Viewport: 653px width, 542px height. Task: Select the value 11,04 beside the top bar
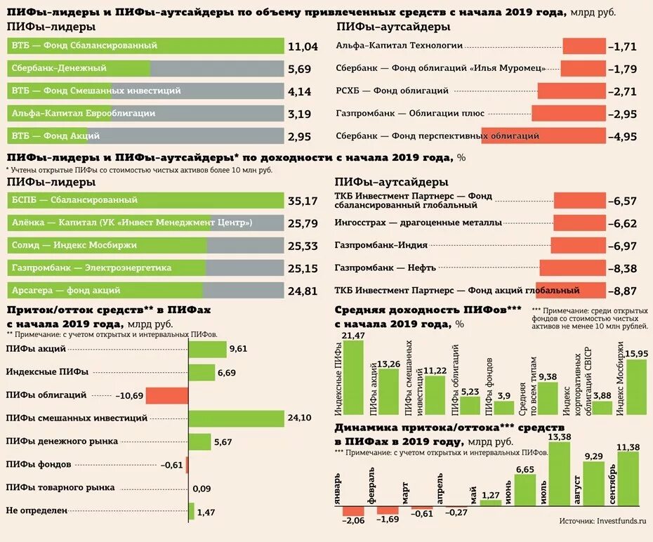pos(303,47)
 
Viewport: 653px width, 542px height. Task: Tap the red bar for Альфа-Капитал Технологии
pos(583,46)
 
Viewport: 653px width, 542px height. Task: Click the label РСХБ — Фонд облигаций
pos(392,91)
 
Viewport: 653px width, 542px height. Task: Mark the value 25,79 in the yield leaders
pos(303,224)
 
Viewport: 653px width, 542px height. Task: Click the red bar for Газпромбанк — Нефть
pos(572,268)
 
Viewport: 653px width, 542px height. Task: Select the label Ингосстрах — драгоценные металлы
pos(418,223)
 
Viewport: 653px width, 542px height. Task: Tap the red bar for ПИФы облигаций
pos(167,396)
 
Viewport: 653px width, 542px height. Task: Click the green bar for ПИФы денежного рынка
pos(200,442)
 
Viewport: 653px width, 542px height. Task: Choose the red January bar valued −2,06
pos(353,511)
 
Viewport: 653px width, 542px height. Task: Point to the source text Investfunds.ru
pos(621,521)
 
